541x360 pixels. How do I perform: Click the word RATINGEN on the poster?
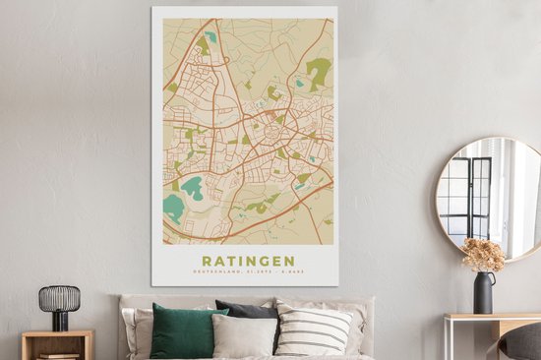pyautogui.click(x=247, y=261)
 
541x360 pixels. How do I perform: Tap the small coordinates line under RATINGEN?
pyautogui.click(x=247, y=271)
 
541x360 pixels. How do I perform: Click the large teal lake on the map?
pyautogui.click(x=174, y=206)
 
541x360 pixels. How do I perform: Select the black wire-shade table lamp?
pyautogui.click(x=59, y=300)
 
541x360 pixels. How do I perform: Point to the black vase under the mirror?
pyautogui.click(x=483, y=293)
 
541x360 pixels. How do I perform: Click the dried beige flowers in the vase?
pyautogui.click(x=483, y=255)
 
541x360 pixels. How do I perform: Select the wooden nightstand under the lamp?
pyautogui.click(x=57, y=344)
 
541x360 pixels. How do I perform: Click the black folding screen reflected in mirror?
pyautogui.click(x=468, y=196)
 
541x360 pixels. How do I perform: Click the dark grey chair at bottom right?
pyautogui.click(x=522, y=341)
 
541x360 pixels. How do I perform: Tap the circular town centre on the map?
pyautogui.click(x=268, y=129)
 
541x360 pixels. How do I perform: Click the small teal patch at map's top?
pyautogui.click(x=210, y=37)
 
